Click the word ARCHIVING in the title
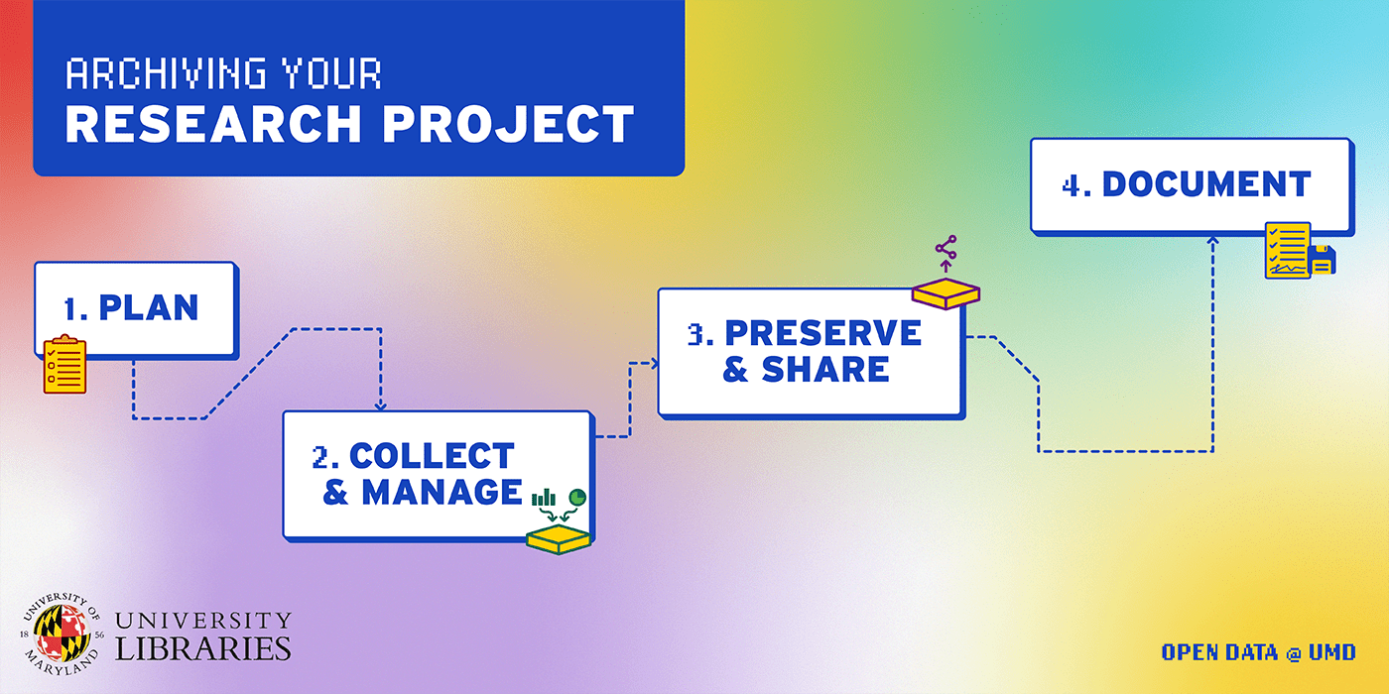(x=167, y=73)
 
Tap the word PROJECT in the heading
(x=508, y=124)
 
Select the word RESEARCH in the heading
(x=213, y=124)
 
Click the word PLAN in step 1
(x=149, y=308)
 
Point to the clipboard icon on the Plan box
(x=64, y=365)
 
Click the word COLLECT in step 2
(x=433, y=456)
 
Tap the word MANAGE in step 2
(x=442, y=492)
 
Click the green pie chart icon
(x=577, y=497)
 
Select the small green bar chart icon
(x=544, y=498)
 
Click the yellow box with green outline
(x=558, y=539)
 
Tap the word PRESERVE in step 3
(x=822, y=333)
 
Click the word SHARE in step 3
(x=825, y=369)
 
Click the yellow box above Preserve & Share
(x=946, y=293)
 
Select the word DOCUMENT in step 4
(x=1206, y=184)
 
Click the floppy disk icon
(x=1322, y=260)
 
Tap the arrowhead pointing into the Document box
(x=1212, y=240)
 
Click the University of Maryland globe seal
(x=61, y=634)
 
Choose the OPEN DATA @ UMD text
(x=1258, y=652)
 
